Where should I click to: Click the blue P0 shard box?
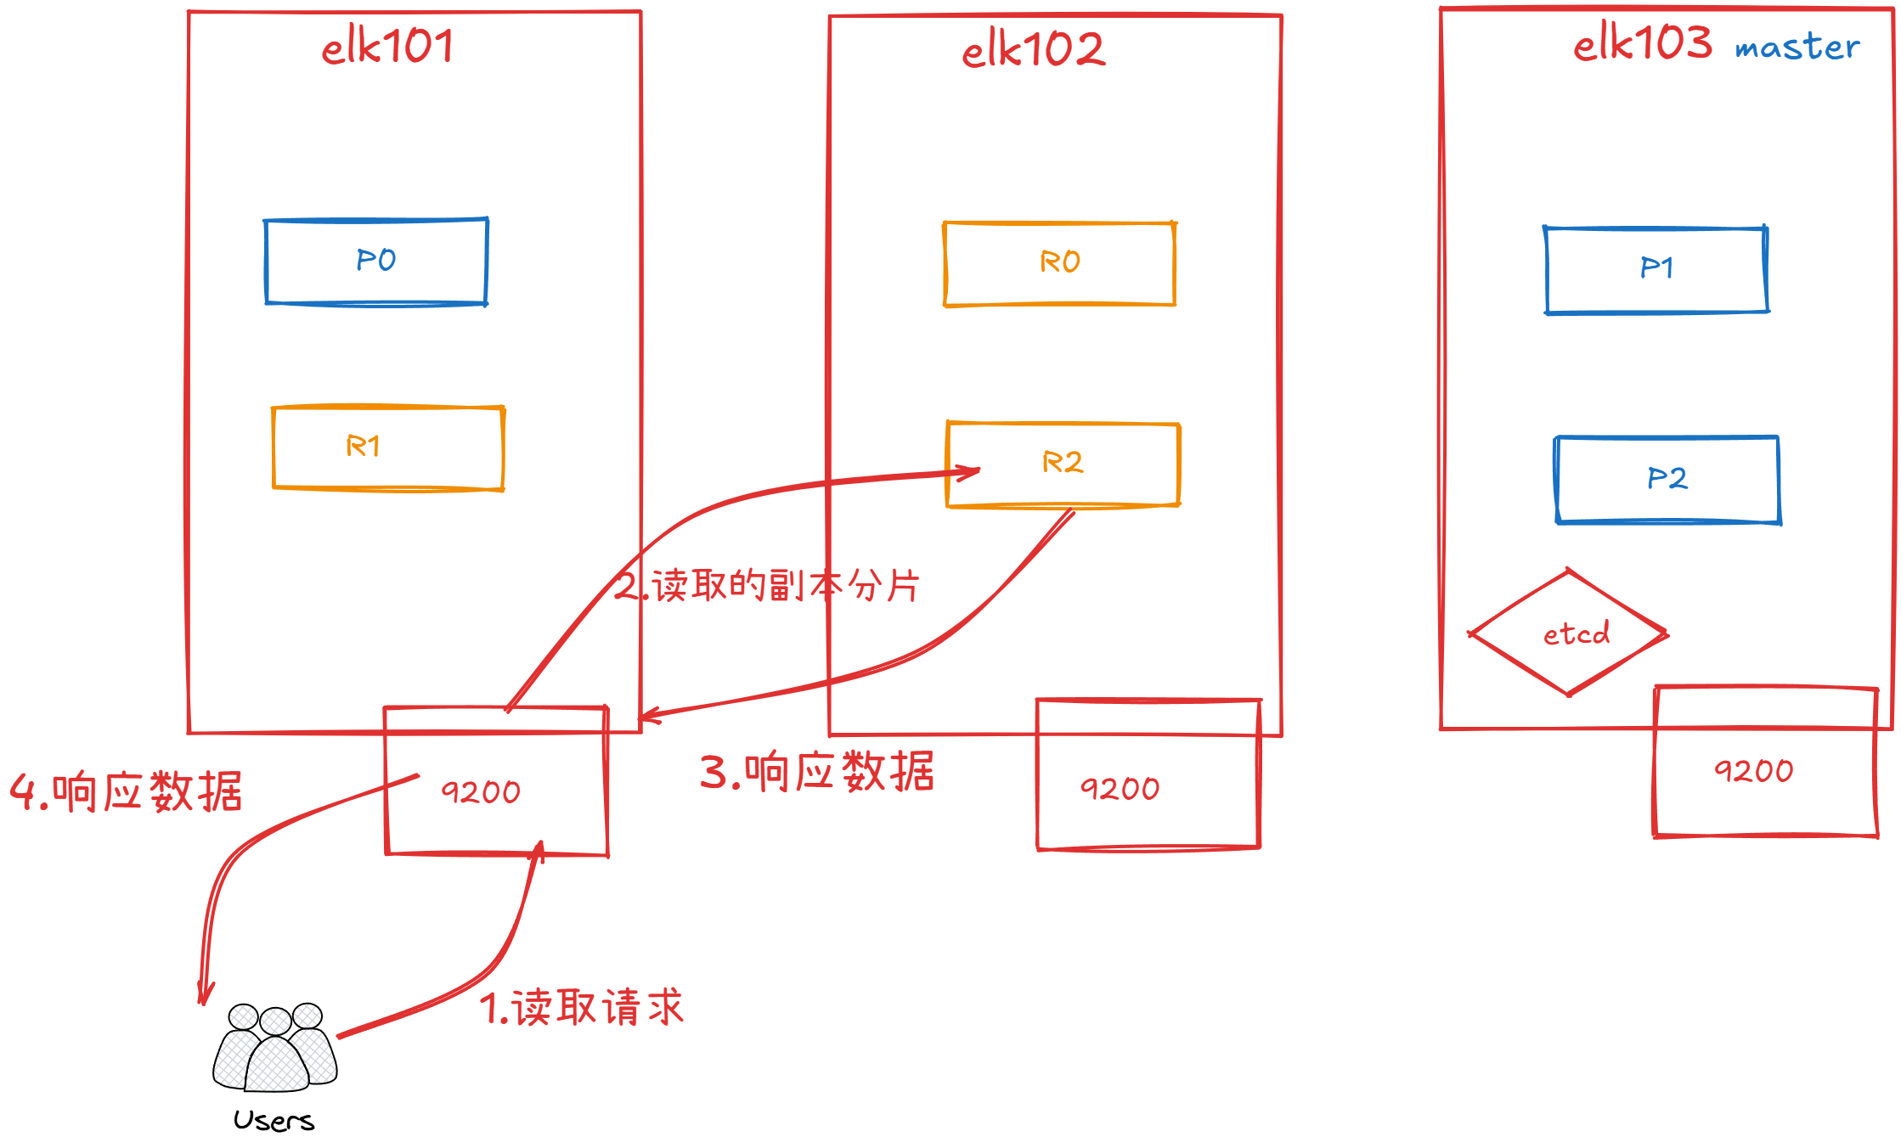(x=376, y=261)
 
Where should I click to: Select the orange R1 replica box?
(x=388, y=447)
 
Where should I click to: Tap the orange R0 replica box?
(x=1059, y=263)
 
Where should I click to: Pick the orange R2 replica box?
(x=1063, y=464)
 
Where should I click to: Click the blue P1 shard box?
(x=1656, y=269)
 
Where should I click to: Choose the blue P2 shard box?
(x=1667, y=479)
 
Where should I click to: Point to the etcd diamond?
(x=1569, y=633)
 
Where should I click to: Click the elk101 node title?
(x=387, y=46)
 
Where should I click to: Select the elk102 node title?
(x=1033, y=49)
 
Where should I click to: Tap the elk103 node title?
(x=1642, y=42)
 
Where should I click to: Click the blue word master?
(x=1797, y=48)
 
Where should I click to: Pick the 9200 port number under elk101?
(x=481, y=792)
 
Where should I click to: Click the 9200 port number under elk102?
(x=1120, y=789)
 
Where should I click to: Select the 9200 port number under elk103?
(x=1753, y=771)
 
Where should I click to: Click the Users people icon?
(x=274, y=1047)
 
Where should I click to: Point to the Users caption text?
(x=274, y=1121)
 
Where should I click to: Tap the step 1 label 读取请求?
(x=582, y=1008)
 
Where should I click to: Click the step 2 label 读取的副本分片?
(x=767, y=586)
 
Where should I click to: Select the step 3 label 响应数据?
(x=816, y=772)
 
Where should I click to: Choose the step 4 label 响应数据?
(x=126, y=792)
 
